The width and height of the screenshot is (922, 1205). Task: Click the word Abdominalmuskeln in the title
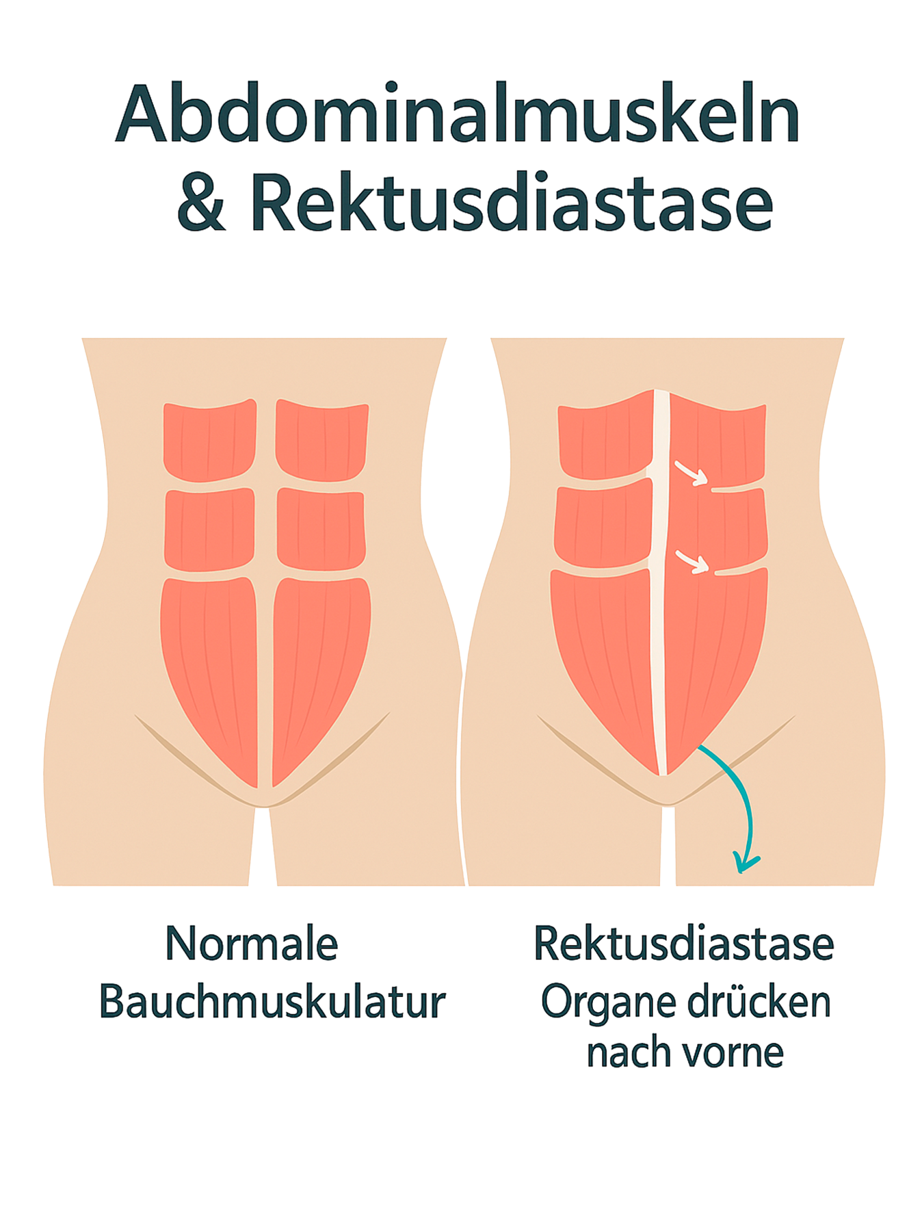pos(457,113)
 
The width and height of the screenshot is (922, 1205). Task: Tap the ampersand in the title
pos(201,203)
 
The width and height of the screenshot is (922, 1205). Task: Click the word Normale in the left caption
pos(252,944)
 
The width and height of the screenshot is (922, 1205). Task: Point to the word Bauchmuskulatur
pos(272,1002)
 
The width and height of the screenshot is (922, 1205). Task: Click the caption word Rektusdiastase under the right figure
pos(684,944)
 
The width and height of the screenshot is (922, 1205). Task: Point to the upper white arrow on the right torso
pos(691,472)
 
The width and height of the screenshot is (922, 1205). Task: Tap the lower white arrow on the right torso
pos(692,561)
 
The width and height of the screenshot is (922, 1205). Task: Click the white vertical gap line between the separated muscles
pos(658,582)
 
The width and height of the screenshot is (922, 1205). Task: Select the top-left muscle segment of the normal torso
pos(209,441)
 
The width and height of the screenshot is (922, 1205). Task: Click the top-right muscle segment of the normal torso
pos(321,441)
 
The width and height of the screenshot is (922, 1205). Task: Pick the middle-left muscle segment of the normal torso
pos(209,530)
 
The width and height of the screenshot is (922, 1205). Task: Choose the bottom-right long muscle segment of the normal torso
pos(318,664)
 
